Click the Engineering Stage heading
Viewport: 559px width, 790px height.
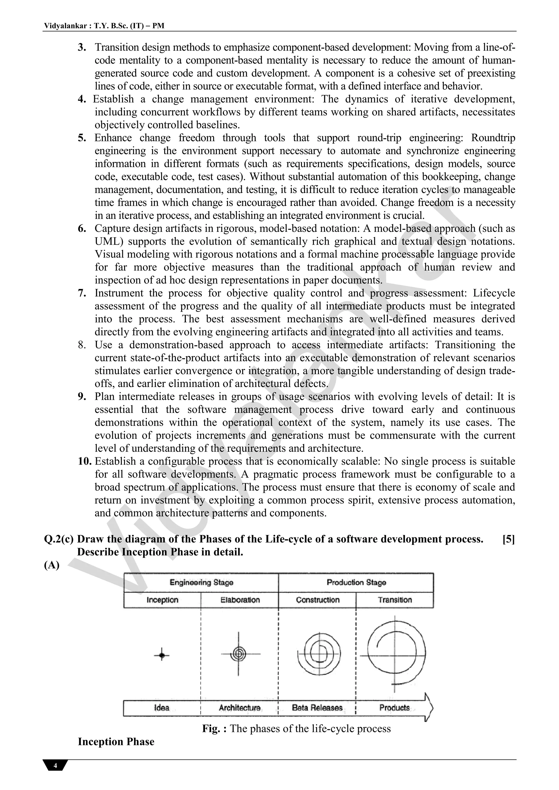click(201, 582)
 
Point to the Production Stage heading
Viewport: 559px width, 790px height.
click(356, 582)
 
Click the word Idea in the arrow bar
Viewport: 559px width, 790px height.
click(162, 708)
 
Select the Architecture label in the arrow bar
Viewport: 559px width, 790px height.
click(240, 708)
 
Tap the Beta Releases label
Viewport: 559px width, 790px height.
click(317, 708)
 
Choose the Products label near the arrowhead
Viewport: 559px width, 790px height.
click(394, 708)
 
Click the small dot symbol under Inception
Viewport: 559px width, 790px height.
click(162, 656)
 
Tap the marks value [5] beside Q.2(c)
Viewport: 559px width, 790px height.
click(509, 539)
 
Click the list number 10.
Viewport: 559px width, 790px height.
click(84, 461)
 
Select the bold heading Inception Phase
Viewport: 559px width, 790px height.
click(116, 741)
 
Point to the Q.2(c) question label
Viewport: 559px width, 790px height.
click(59, 539)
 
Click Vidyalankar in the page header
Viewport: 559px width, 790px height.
click(65, 26)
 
